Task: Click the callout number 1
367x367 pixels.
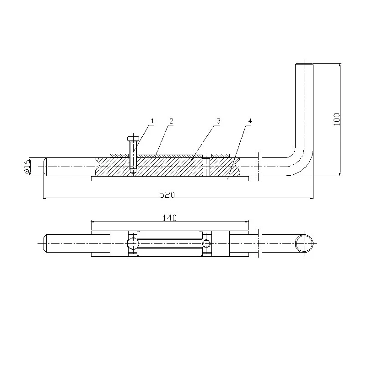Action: (x=152, y=121)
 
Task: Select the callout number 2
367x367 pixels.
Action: (x=171, y=121)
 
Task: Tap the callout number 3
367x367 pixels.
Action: (x=219, y=121)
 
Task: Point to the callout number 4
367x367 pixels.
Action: (x=249, y=121)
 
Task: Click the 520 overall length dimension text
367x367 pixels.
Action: (x=167, y=194)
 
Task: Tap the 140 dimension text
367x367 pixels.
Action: (x=170, y=218)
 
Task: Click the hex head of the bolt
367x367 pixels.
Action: (x=132, y=138)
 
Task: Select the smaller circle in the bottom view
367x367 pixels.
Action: (x=206, y=243)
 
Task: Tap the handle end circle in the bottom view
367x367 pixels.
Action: (x=304, y=243)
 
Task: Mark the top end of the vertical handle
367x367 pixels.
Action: (x=304, y=64)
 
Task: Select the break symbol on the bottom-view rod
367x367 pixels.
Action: (x=260, y=243)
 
